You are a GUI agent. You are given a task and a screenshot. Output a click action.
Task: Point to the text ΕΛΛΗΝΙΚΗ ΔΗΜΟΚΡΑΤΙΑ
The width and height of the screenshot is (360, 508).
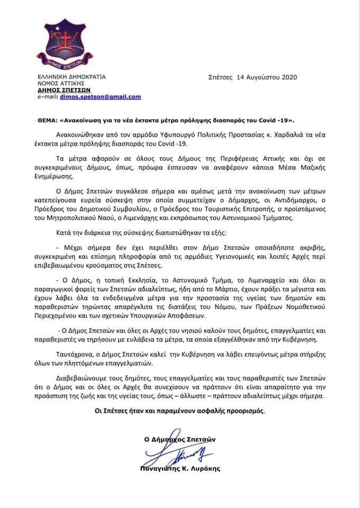coord(71,77)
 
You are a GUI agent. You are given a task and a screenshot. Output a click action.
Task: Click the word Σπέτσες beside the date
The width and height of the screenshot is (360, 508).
coord(221,77)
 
